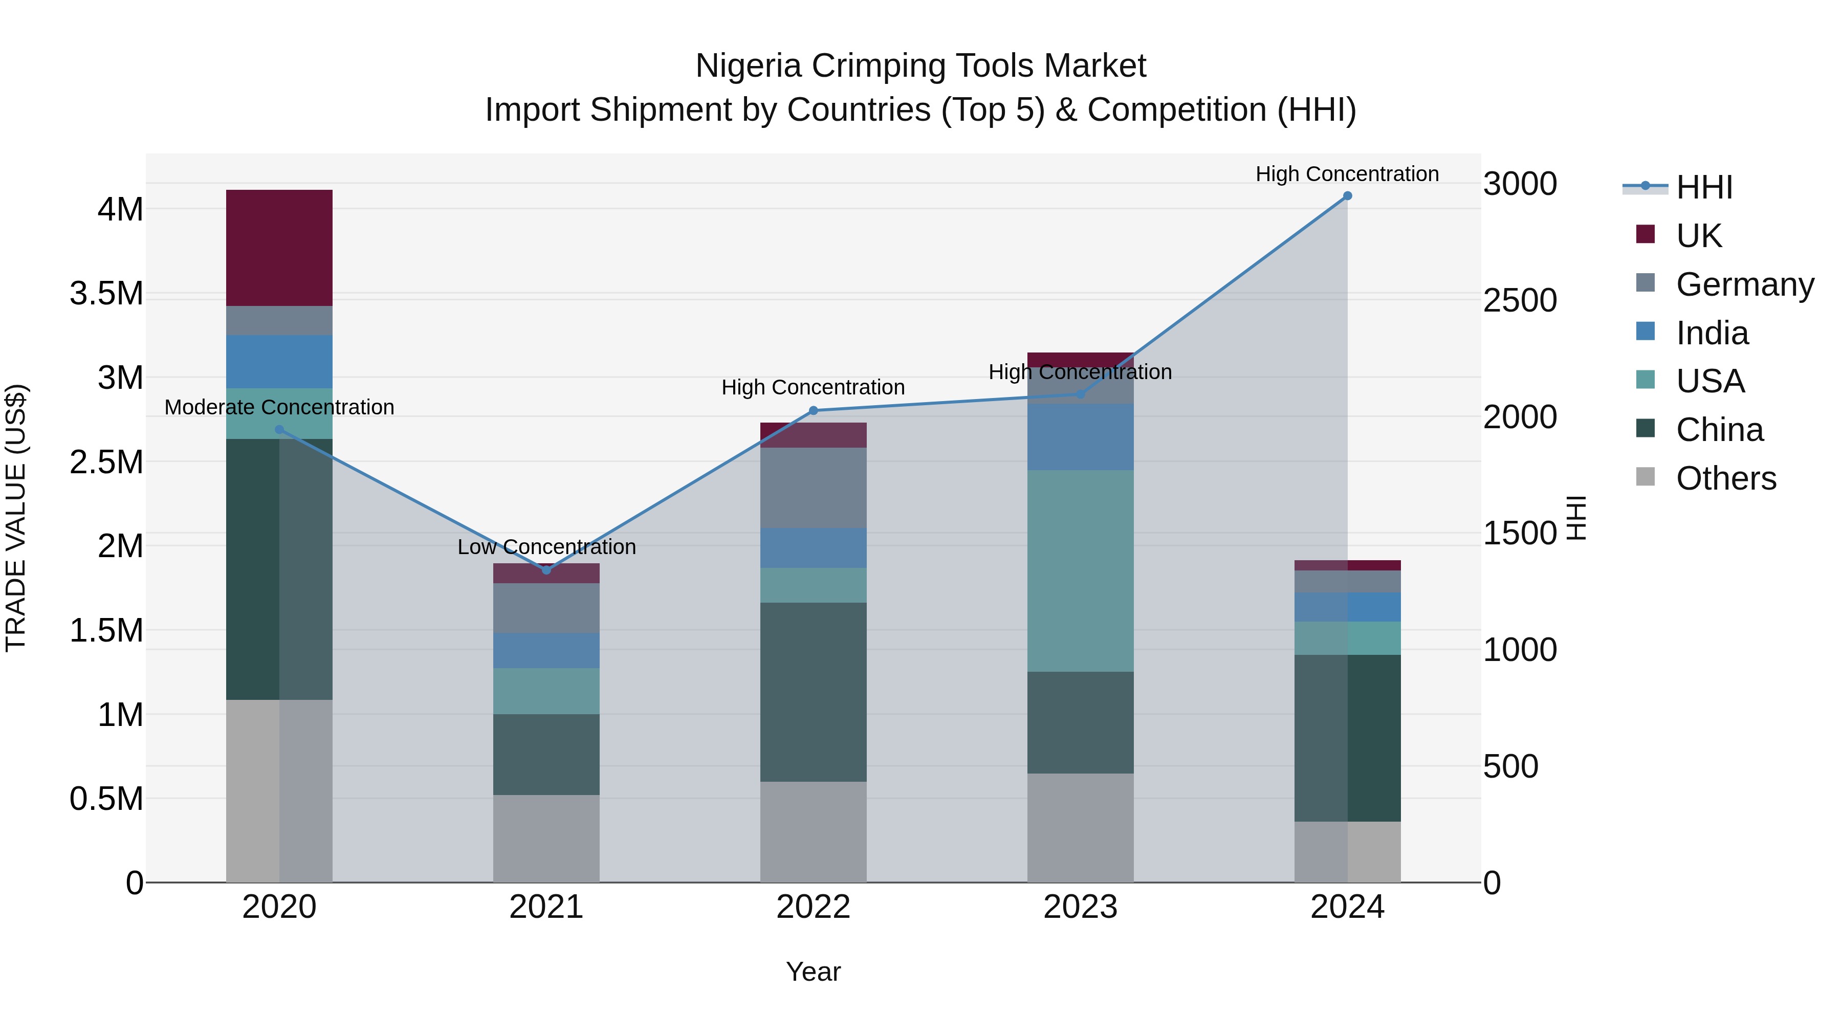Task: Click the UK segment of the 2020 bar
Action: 279,248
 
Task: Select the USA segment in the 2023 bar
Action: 1080,570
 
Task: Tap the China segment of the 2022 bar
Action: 813,691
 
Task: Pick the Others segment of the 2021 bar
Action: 546,838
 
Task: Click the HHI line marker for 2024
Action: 1347,196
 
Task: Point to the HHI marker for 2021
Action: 546,570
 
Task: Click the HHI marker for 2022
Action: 813,410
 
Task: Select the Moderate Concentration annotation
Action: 279,408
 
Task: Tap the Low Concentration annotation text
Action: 546,547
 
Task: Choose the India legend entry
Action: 1712,333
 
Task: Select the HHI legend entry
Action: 1703,187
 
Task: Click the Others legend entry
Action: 1725,478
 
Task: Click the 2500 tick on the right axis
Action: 1520,300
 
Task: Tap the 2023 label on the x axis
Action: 1080,907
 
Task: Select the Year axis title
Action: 813,972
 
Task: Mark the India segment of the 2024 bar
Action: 1347,606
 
